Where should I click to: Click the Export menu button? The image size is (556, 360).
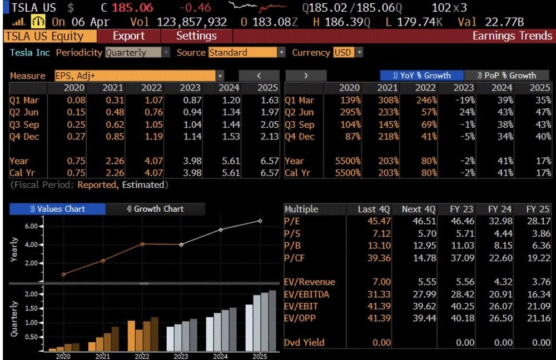click(128, 36)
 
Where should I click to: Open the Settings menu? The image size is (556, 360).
click(196, 36)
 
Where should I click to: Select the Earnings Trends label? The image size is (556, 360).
click(512, 36)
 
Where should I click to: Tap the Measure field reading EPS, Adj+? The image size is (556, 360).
click(139, 76)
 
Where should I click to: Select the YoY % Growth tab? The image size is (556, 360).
click(421, 76)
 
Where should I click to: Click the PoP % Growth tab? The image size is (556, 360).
click(507, 76)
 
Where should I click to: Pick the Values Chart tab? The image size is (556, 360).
click(57, 209)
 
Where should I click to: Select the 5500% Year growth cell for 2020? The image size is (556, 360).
click(349, 161)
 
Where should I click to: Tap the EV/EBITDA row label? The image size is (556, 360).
click(307, 294)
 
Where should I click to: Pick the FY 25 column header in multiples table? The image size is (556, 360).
click(538, 209)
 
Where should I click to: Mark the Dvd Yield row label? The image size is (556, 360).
click(305, 342)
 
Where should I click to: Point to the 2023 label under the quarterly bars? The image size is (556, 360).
click(181, 356)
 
